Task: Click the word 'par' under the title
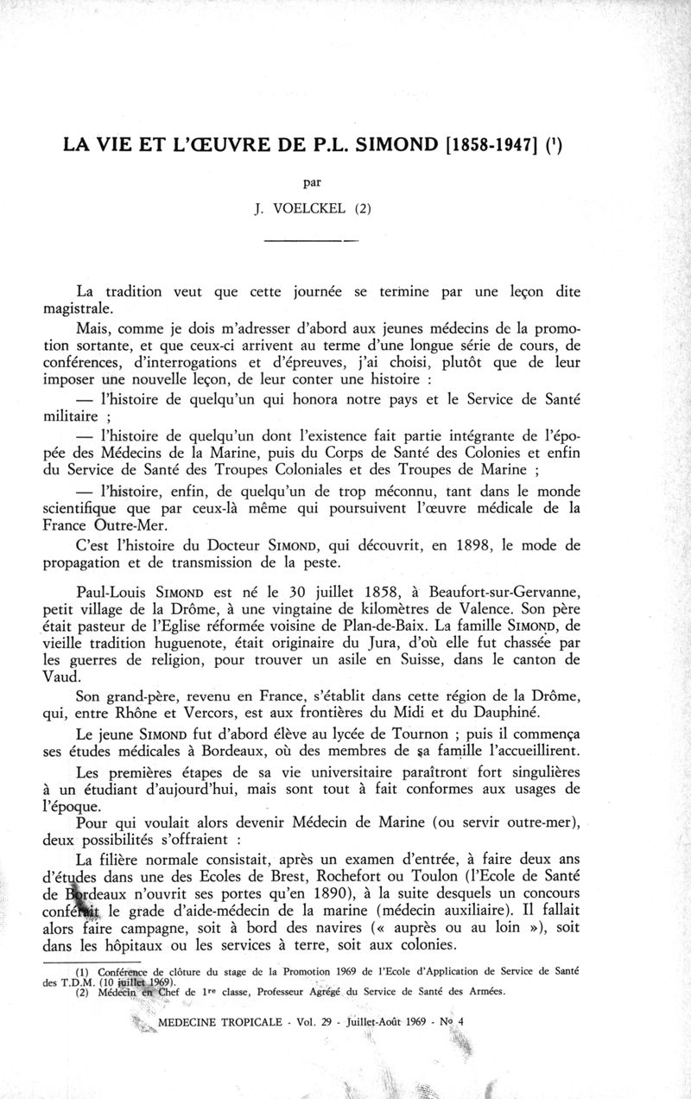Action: click(x=312, y=182)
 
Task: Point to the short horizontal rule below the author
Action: click(x=311, y=241)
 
